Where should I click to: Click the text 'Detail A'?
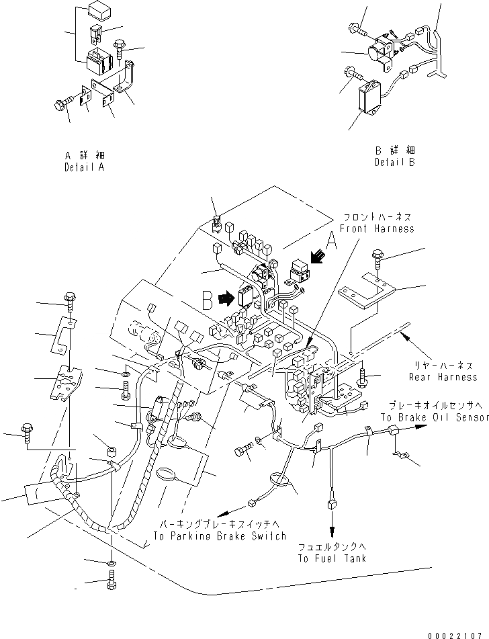pos(84,167)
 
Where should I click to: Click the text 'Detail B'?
pos(395,162)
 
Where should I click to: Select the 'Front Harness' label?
pos(377,228)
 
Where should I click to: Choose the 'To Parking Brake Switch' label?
pos(219,536)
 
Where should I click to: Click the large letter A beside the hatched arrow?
pos(330,240)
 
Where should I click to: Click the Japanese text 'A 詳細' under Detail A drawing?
pos(84,155)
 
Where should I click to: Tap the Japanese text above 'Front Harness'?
pos(377,218)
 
